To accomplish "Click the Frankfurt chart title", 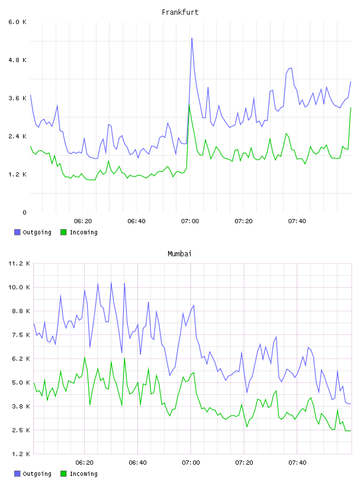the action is [x=180, y=12].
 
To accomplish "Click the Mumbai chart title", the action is [x=179, y=254].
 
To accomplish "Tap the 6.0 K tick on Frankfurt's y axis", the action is [x=18, y=22].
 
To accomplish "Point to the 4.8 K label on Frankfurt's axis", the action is [x=18, y=60].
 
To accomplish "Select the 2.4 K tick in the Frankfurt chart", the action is [x=18, y=137].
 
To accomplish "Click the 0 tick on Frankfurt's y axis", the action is [x=24, y=212].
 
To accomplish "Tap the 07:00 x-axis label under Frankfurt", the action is [x=190, y=221].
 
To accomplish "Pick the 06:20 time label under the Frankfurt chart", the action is [x=83, y=221].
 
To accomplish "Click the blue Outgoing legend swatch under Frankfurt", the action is [x=17, y=232].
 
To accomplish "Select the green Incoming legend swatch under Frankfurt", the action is [x=63, y=232].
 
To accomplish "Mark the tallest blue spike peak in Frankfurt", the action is [x=192, y=38].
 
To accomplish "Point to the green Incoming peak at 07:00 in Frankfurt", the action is [x=189, y=105].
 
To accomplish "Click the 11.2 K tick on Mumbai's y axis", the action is [x=19, y=263].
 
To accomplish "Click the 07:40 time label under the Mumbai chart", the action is [x=297, y=463].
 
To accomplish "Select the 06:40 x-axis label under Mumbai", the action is [x=137, y=463].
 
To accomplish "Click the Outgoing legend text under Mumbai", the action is [x=37, y=474].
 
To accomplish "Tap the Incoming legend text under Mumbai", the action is [x=83, y=474].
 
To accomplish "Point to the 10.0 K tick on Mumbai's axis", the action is [x=19, y=288].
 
